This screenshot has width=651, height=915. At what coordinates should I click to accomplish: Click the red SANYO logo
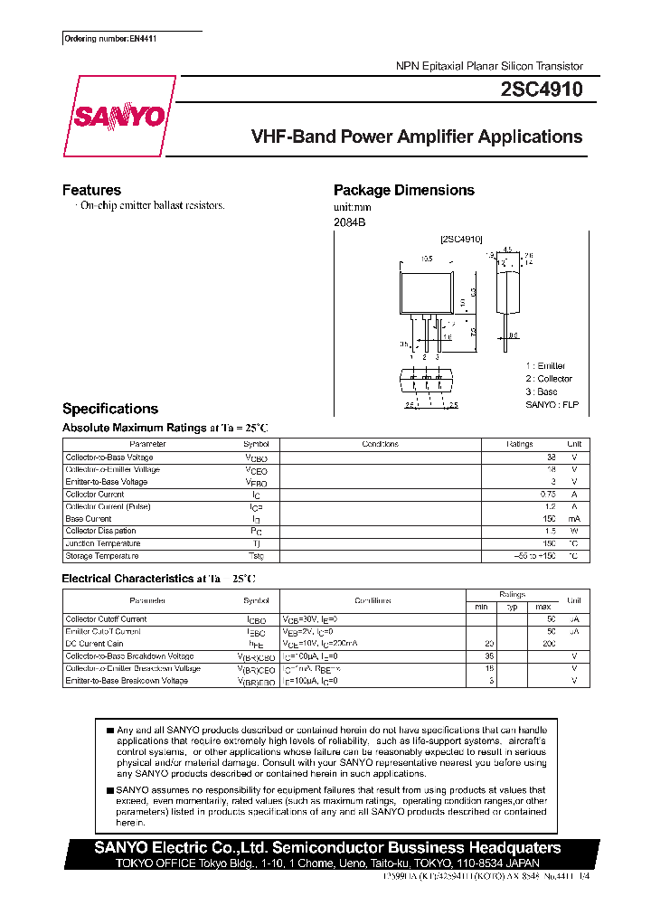pyautogui.click(x=118, y=117)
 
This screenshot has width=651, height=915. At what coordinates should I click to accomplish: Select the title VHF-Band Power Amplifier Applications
pyautogui.click(x=416, y=137)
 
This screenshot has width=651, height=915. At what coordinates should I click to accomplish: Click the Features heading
pyautogui.click(x=91, y=190)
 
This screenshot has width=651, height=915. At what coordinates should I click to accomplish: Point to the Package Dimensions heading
pyautogui.click(x=403, y=190)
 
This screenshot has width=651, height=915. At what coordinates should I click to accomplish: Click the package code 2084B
pyautogui.click(x=349, y=222)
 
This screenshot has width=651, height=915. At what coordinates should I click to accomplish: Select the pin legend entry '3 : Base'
pyautogui.click(x=542, y=391)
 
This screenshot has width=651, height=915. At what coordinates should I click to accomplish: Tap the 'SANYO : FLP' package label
pyautogui.click(x=552, y=404)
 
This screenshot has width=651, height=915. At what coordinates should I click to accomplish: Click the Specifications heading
pyautogui.click(x=109, y=409)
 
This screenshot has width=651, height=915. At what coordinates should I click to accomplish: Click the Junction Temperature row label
pyautogui.click(x=103, y=543)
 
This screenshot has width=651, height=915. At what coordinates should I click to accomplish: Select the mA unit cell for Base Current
pyautogui.click(x=573, y=519)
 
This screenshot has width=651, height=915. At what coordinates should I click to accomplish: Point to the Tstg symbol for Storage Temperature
pyautogui.click(x=256, y=556)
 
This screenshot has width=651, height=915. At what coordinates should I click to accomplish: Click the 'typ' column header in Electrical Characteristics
pyautogui.click(x=511, y=606)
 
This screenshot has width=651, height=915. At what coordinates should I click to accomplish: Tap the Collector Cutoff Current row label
pyautogui.click(x=106, y=619)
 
